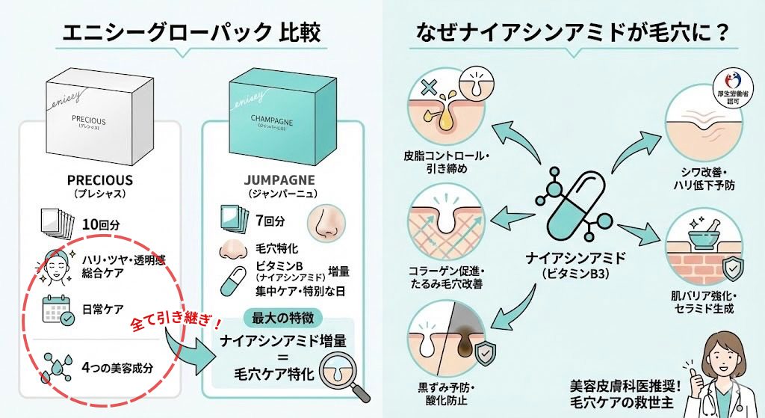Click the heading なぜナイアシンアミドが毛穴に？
(572, 33)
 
